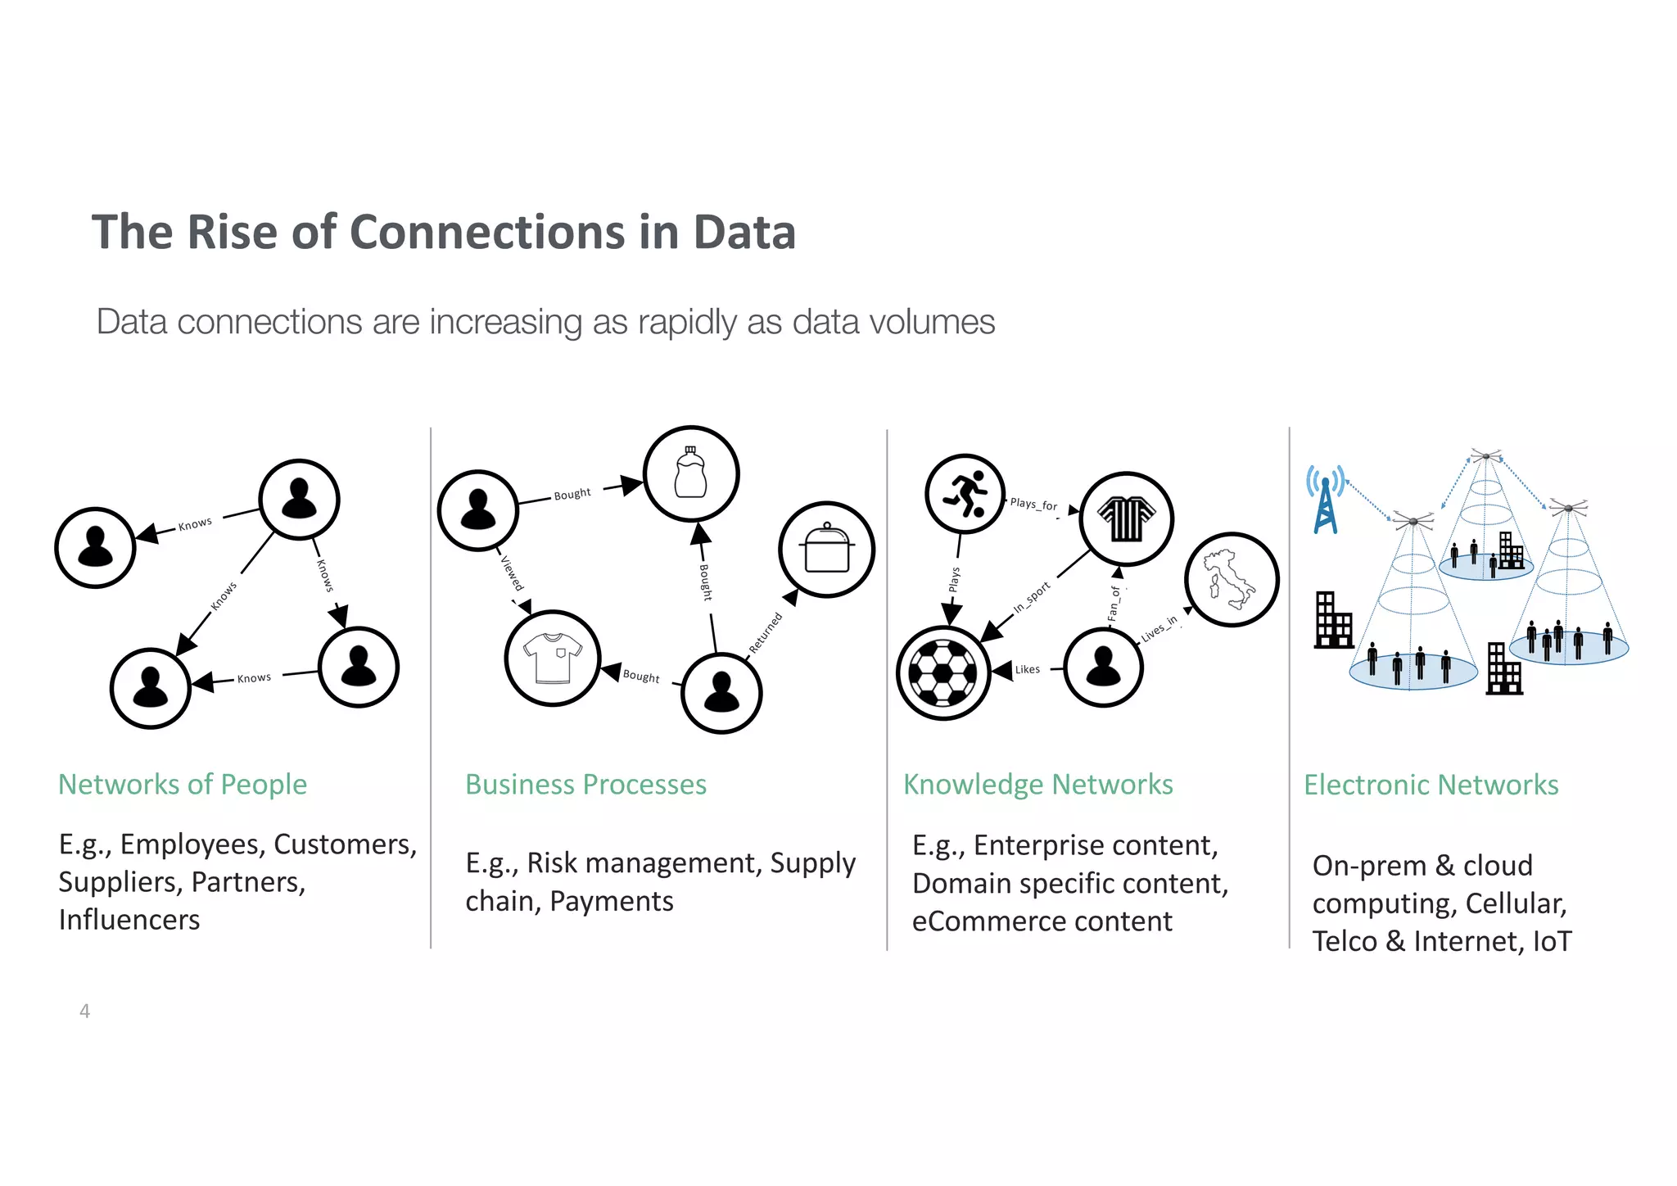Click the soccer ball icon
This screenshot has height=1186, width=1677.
pos(943,672)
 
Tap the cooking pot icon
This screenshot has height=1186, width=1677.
pos(827,549)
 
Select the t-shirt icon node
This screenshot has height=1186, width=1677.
pos(553,658)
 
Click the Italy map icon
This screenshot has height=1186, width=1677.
pos(1231,579)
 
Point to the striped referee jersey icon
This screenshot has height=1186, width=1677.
pos(1126,518)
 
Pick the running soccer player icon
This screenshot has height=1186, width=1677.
pos(965,494)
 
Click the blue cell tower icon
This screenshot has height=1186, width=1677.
pos(1325,499)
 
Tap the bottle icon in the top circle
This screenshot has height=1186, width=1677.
pos(690,473)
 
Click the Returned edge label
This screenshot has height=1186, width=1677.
pos(766,632)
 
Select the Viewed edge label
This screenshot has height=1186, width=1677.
pos(512,573)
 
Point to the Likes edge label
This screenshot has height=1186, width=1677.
pos(1027,669)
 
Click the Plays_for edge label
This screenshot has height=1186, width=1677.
pos(1033,504)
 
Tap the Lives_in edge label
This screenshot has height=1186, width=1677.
pos(1159,628)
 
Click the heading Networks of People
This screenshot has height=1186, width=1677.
pos(183,784)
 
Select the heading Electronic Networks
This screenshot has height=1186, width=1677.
pos(1431,785)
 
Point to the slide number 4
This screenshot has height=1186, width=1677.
pos(84,1011)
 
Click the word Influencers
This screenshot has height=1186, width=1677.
pos(129,920)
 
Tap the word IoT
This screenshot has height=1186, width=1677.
pos(1552,941)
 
